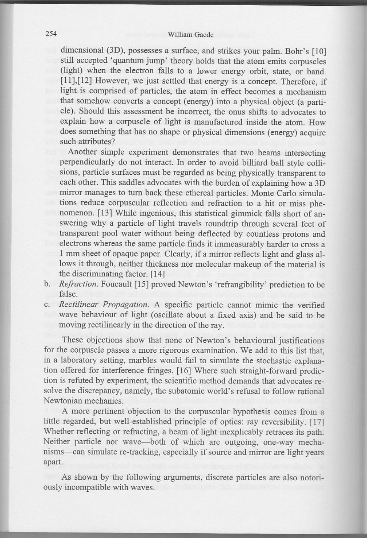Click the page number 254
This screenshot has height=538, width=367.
pyautogui.click(x=51, y=34)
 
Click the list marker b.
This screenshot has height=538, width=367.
pyautogui.click(x=47, y=284)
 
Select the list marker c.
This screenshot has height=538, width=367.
pyautogui.click(x=47, y=305)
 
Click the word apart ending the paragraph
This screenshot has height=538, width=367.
pyautogui.click(x=51, y=462)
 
